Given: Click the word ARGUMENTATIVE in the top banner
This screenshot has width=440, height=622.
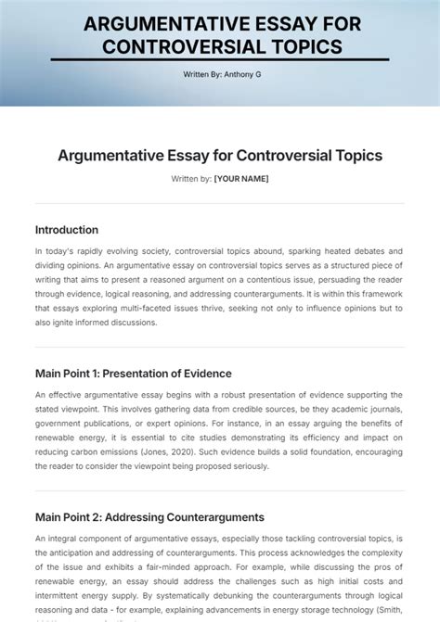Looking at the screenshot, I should click(153, 24).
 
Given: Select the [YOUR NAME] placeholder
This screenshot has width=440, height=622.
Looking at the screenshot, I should click(240, 178).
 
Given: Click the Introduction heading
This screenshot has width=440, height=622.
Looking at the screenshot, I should click(67, 230).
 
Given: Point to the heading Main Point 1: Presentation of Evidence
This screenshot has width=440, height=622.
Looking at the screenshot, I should click(134, 374).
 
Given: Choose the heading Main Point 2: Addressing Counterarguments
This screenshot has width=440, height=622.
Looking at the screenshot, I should click(149, 517).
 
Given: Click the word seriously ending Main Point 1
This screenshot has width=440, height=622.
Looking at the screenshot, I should click(244, 466).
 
